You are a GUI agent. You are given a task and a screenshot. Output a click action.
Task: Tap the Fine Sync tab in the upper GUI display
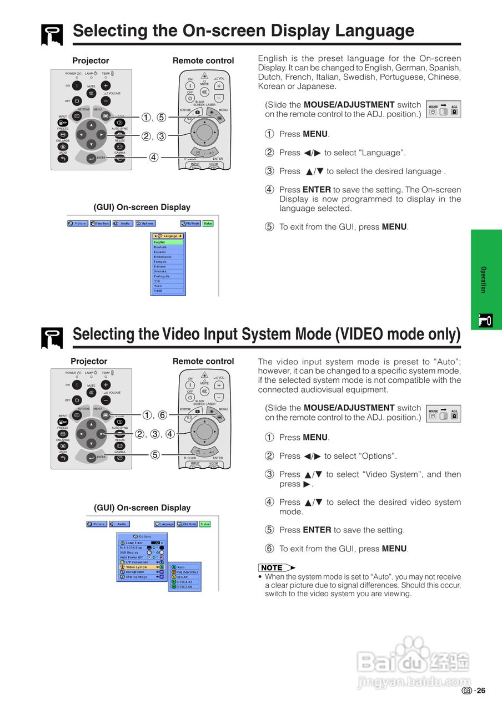pyautogui.click(x=100, y=223)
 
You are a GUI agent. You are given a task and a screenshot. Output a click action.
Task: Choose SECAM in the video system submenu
pyautogui.click(x=183, y=577)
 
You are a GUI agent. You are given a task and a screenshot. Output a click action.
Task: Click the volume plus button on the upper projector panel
pyautogui.click(x=106, y=85)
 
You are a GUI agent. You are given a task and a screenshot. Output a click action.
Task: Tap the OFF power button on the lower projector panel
pyautogui.click(x=77, y=399)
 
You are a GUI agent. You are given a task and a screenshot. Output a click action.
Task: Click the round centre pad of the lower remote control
pyautogui.click(x=204, y=430)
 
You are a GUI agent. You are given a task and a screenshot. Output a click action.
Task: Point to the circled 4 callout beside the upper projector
pyautogui.click(x=154, y=158)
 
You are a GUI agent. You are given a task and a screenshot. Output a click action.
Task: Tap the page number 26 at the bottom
pyautogui.click(x=480, y=691)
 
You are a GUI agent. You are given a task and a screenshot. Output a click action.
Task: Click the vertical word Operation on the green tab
pyautogui.click(x=483, y=280)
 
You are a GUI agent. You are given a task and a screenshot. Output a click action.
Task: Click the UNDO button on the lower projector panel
pyautogui.click(x=63, y=457)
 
